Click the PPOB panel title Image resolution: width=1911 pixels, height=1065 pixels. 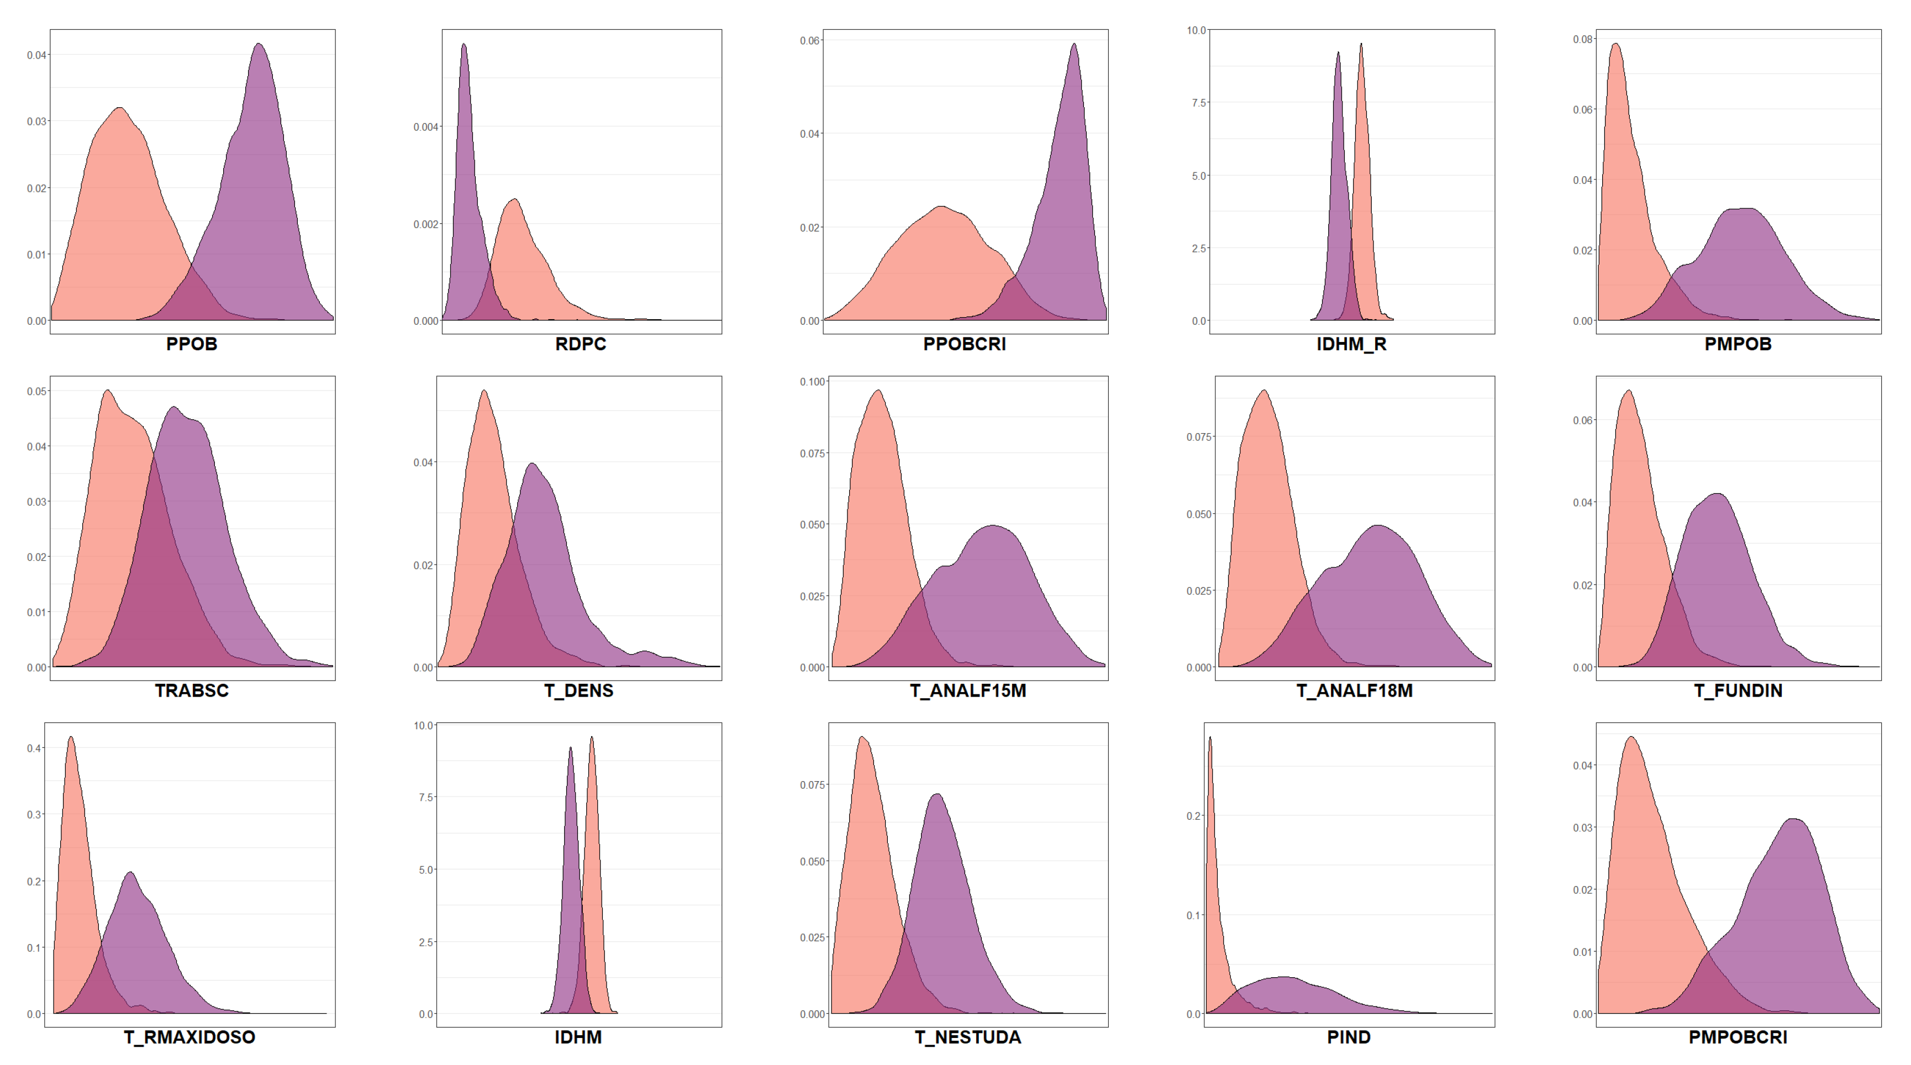tap(191, 344)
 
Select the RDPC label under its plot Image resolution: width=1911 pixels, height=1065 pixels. tap(580, 344)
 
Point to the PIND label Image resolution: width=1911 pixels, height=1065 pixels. tap(1348, 1037)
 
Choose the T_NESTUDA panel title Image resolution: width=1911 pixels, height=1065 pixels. tap(967, 1037)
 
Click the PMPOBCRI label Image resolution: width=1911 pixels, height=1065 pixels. tap(1738, 1037)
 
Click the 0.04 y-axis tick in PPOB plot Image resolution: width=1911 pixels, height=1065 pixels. tap(36, 55)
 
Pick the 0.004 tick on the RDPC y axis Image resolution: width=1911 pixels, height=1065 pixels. tap(426, 127)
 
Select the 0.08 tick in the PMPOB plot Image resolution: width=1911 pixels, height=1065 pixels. tap(1582, 39)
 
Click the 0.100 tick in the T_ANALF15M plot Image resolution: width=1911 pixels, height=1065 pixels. tap(812, 382)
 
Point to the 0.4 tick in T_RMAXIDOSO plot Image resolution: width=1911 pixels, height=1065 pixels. tap(34, 748)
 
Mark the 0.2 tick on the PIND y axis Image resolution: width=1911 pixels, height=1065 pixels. tap(1193, 816)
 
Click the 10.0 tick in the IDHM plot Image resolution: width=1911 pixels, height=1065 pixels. tap(424, 725)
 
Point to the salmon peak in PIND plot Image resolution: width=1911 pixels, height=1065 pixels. tap(1210, 737)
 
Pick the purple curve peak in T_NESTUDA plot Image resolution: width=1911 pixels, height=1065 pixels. tap(937, 794)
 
